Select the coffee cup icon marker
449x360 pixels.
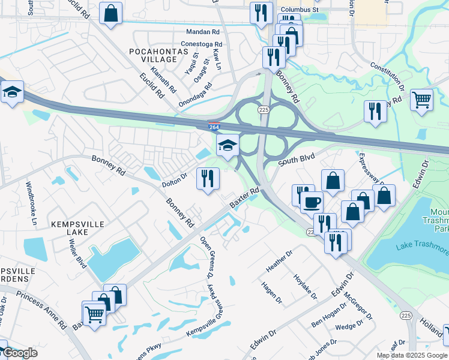[x=312, y=202]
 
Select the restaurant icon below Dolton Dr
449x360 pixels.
[x=208, y=179]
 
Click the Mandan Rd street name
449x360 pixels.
[x=203, y=32]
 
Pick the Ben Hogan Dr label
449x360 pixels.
[x=329, y=314]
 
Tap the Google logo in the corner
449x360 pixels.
[x=20, y=353]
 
